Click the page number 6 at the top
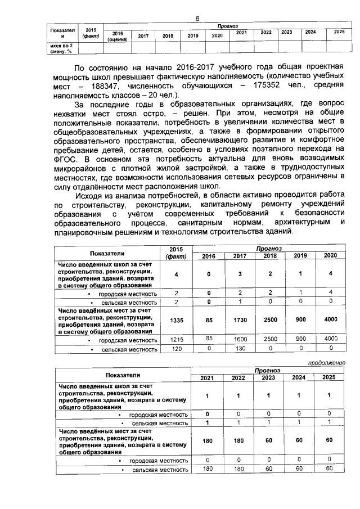tap(197, 19)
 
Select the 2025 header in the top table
tap(339, 32)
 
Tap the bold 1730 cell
tap(240, 319)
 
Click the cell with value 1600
tap(240, 339)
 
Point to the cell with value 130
tap(240, 349)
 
